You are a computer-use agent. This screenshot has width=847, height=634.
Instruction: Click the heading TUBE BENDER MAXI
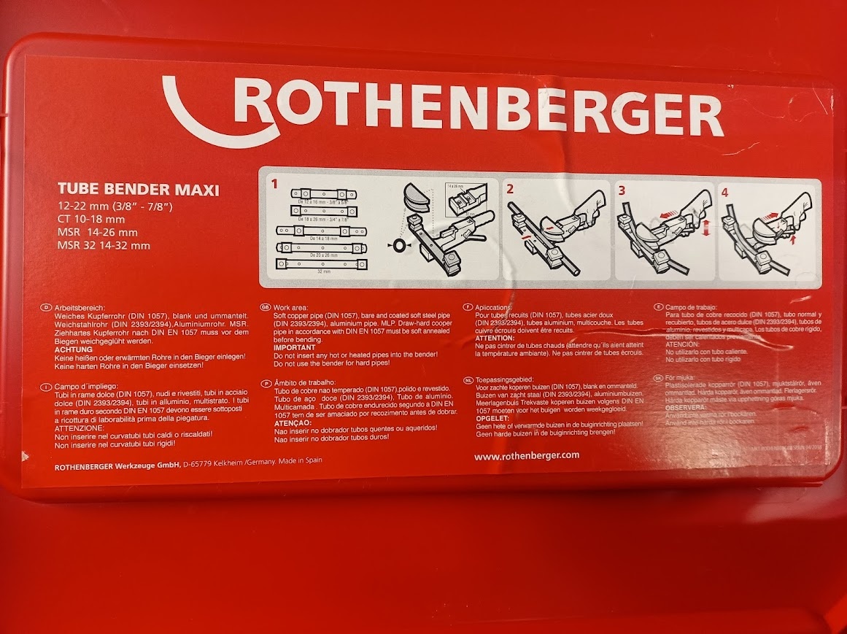(138, 192)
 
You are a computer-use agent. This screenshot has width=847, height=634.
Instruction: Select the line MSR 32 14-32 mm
(104, 245)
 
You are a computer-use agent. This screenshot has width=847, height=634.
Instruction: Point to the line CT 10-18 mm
(91, 219)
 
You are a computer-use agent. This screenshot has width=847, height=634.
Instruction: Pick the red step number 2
(510, 189)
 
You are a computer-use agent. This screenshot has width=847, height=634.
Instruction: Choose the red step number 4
(725, 193)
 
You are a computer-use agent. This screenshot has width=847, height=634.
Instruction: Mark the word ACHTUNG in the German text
(74, 349)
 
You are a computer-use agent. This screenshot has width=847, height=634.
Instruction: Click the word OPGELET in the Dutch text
(492, 417)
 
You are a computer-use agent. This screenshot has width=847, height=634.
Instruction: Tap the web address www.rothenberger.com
(526, 455)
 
